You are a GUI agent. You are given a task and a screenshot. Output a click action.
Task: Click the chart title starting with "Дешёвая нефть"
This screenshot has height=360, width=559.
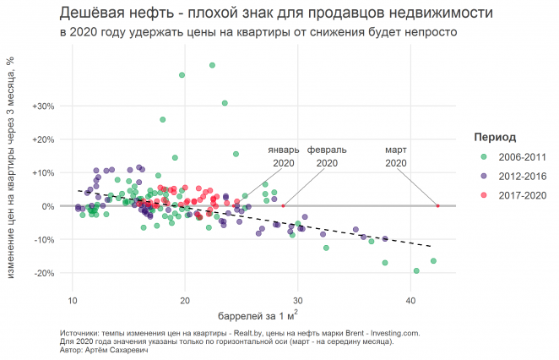pyautogui.click(x=277, y=14)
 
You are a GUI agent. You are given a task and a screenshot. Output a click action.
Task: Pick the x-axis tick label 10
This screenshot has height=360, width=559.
pyautogui.click(x=72, y=300)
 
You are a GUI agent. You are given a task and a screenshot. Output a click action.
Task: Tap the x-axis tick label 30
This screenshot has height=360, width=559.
pyautogui.click(x=297, y=300)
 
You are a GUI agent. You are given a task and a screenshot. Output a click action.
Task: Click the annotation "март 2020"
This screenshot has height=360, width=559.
pyautogui.click(x=396, y=156)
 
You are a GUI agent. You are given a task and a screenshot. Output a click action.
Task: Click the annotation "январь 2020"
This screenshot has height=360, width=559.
pyautogui.click(x=283, y=156)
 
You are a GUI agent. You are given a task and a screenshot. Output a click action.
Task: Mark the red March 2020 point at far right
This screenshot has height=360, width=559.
pyautogui.click(x=437, y=205)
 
